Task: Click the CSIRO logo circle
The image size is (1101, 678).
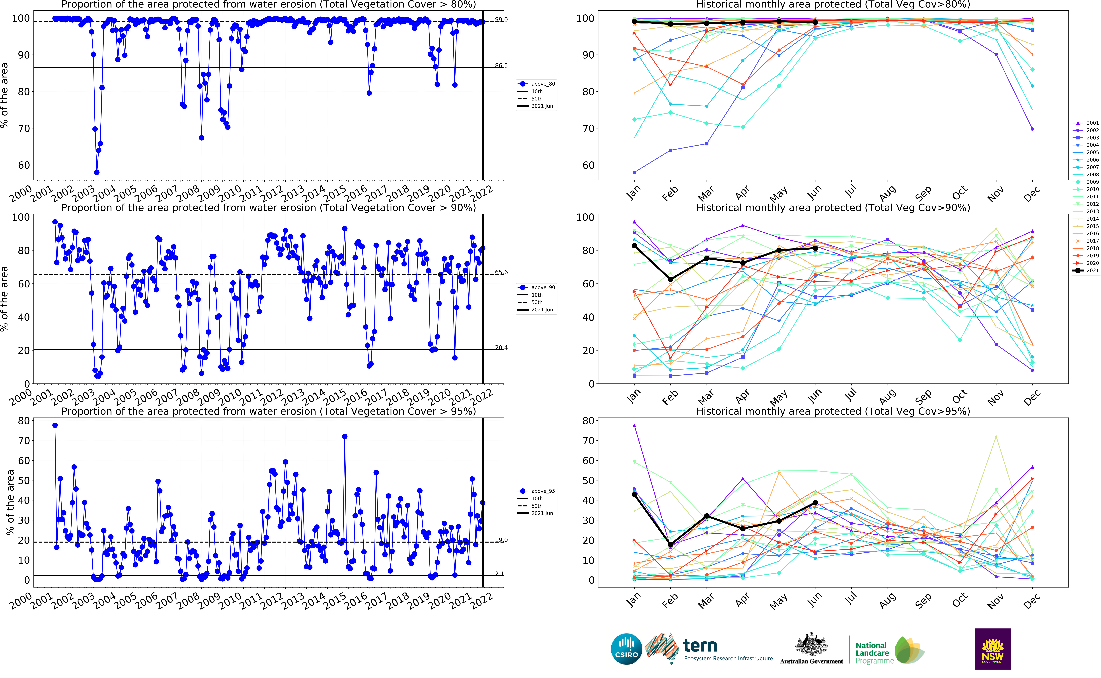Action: pos(626,649)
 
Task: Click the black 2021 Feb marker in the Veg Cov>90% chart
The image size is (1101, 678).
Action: pos(670,279)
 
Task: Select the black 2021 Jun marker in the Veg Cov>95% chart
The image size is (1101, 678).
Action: pos(815,503)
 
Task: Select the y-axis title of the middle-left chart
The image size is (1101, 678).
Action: pos(4,299)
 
